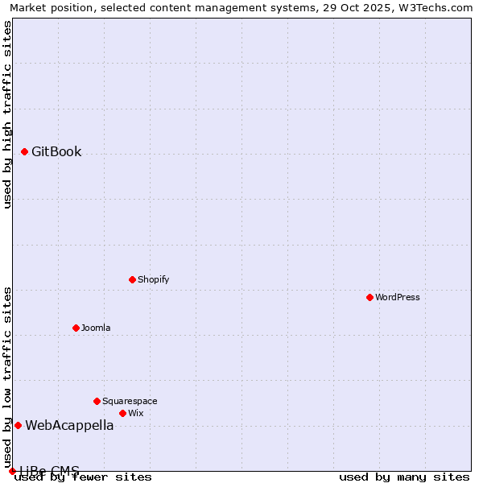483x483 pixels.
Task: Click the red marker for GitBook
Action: [x=24, y=151]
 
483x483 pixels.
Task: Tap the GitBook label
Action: [x=56, y=152]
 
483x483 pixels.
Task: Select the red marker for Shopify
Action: [x=132, y=279]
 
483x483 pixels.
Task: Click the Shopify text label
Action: [x=153, y=279]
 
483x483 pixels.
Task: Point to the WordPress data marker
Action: [x=369, y=297]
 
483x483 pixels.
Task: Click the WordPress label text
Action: [x=398, y=297]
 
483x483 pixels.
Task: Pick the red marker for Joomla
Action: [x=76, y=328]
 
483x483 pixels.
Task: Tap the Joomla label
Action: [x=96, y=328]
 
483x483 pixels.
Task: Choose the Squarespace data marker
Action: [x=97, y=401]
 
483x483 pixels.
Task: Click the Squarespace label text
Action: [x=130, y=401]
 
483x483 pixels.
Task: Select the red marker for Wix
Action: [x=122, y=413]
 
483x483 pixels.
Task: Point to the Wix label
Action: [x=135, y=413]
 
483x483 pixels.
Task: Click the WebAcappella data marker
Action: [x=18, y=425]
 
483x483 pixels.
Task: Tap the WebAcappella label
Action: [x=69, y=426]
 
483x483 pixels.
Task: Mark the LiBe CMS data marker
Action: [x=12, y=471]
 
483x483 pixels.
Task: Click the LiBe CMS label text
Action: [x=49, y=470]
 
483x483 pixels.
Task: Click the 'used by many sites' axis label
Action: [x=404, y=477]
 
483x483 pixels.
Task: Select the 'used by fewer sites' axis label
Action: [x=84, y=477]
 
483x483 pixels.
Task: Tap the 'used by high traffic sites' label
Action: [x=8, y=114]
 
